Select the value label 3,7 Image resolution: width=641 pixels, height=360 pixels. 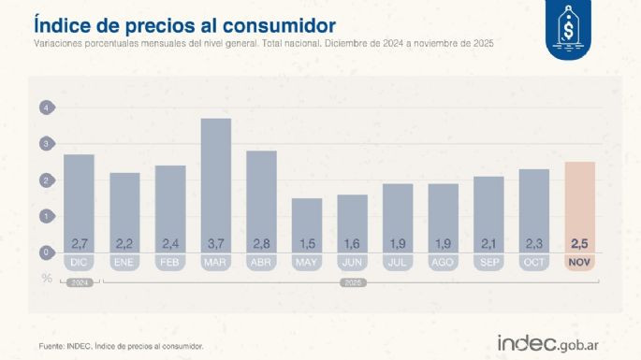tap(216, 244)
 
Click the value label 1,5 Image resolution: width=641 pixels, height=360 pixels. tap(307, 244)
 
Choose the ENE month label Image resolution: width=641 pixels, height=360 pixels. tap(125, 264)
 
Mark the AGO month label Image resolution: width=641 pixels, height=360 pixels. tap(444, 264)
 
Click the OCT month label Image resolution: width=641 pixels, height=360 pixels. tap(534, 264)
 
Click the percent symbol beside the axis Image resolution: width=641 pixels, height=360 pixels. tap(46, 278)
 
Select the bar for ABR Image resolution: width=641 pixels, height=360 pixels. tap(262, 202)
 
